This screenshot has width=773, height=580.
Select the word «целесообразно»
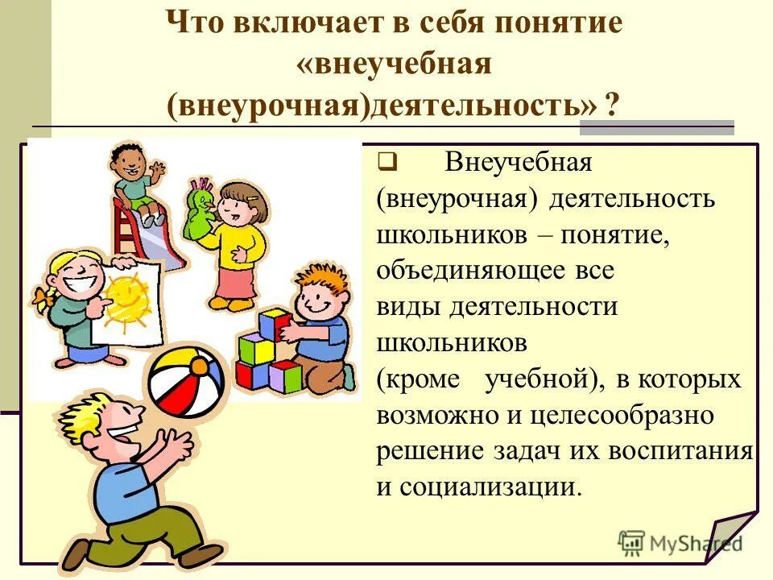point(620,416)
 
